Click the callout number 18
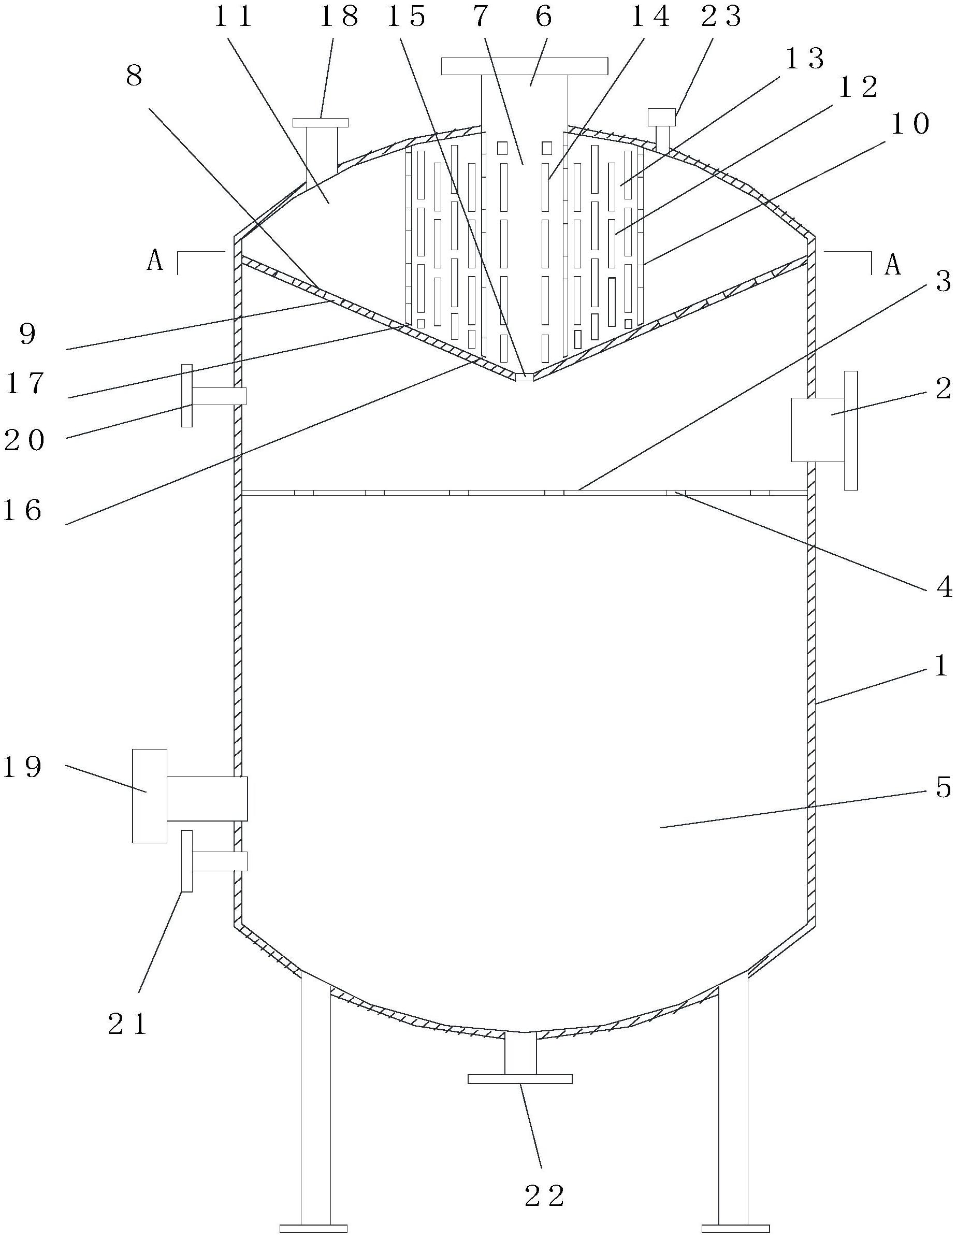click(339, 17)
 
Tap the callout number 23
click(721, 17)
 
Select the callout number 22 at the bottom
click(544, 1196)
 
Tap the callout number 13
click(805, 59)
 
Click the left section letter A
click(155, 261)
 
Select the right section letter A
click(892, 264)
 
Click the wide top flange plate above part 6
click(524, 66)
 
